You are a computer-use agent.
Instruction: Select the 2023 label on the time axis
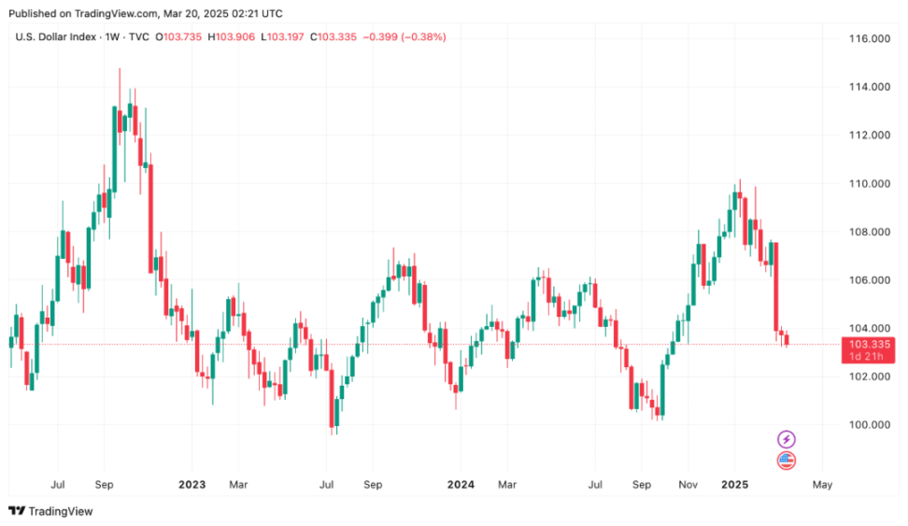192,485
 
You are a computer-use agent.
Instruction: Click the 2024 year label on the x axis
461,485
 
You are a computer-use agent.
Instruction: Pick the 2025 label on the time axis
735,485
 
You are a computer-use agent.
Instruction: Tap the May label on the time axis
822,485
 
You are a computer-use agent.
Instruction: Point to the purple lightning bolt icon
787,439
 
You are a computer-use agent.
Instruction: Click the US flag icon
787,460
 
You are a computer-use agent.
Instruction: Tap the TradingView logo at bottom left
50,511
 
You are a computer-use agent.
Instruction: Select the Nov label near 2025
689,485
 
